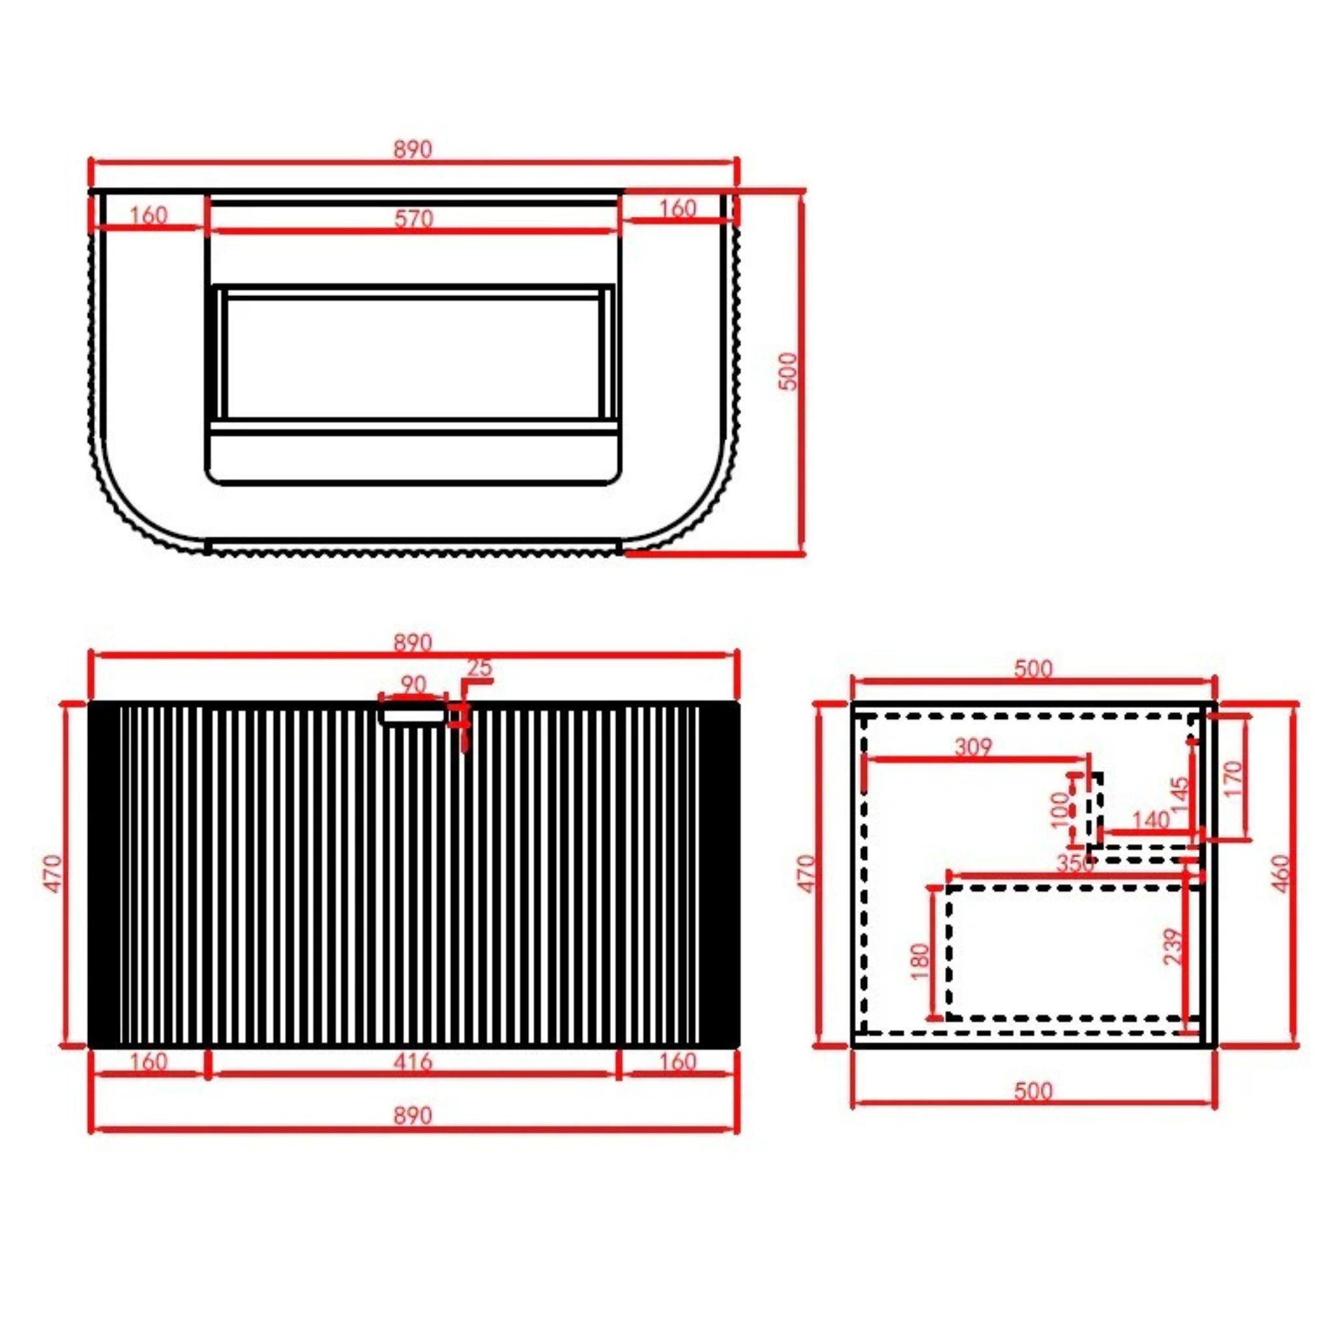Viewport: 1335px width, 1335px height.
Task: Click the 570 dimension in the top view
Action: click(414, 218)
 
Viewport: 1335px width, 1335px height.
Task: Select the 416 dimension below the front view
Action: click(413, 1061)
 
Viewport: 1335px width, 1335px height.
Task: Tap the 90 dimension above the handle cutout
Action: click(413, 685)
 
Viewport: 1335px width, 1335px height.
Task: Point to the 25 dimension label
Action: click(480, 667)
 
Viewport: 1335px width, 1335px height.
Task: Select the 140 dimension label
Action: click(1151, 819)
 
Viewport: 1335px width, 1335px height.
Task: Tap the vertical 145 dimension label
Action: click(1181, 795)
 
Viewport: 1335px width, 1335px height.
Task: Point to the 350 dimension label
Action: click(1076, 863)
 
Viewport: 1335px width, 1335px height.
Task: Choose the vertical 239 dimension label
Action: click(1173, 946)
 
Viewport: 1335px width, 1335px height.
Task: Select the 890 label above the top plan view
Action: click(413, 149)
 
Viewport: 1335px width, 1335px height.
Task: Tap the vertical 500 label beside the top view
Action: click(789, 371)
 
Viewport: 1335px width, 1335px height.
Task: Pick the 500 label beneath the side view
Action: click(1033, 1091)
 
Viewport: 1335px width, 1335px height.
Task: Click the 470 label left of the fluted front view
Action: click(53, 873)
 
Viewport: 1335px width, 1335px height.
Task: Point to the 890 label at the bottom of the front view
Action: click(413, 1115)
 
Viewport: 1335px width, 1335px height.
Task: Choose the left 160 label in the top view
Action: click(149, 215)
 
